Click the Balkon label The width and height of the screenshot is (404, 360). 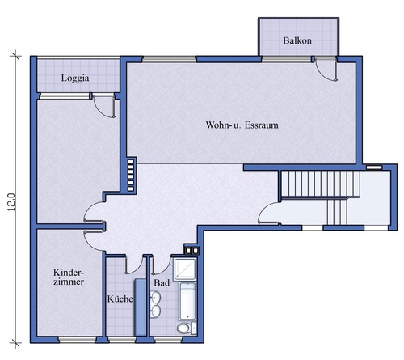[297, 40]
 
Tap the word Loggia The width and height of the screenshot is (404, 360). [75, 78]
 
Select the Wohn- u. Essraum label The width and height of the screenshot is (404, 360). [242, 125]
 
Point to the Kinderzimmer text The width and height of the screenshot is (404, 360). [69, 277]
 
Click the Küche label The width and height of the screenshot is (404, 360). [120, 299]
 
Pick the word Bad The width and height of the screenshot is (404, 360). [162, 283]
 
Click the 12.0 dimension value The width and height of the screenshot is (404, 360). [11, 202]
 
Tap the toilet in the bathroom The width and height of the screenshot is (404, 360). [187, 328]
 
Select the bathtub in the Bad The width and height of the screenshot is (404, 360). [187, 301]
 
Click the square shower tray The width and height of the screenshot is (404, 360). [184, 269]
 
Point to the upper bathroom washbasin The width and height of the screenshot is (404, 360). [155, 297]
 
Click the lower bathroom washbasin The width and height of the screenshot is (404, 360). [155, 311]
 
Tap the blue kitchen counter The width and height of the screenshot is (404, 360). [141, 307]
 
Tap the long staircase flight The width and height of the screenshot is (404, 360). [321, 184]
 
